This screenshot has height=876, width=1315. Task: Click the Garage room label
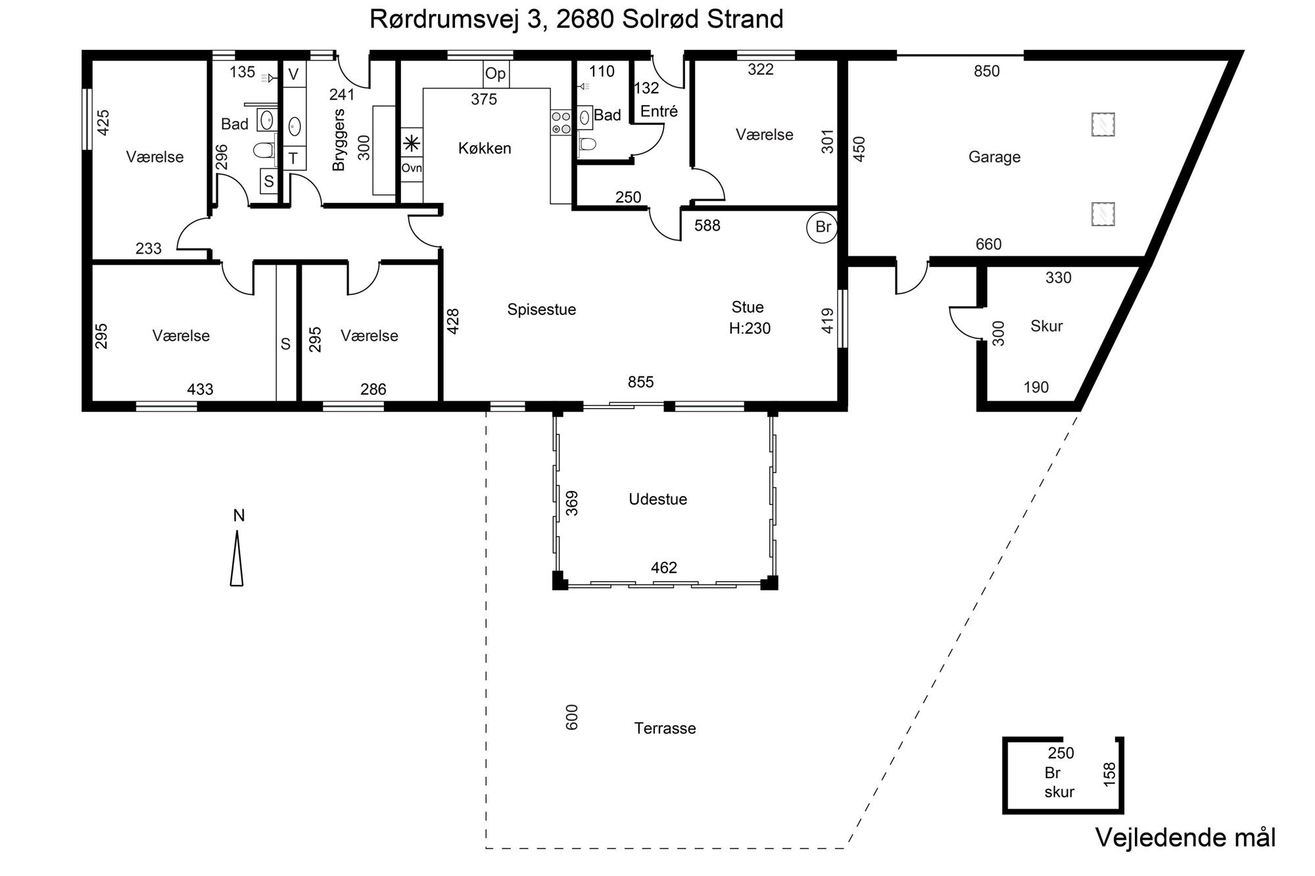(x=994, y=157)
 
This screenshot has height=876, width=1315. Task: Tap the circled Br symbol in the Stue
(x=823, y=227)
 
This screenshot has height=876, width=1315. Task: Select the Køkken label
(x=485, y=149)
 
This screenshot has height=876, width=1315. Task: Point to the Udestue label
(x=657, y=499)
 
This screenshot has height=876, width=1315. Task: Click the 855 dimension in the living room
(x=640, y=382)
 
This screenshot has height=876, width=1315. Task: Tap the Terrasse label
(x=665, y=728)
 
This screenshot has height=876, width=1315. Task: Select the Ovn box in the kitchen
(x=412, y=168)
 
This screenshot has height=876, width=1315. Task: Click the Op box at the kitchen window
(x=496, y=74)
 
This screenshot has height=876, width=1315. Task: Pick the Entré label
(x=659, y=112)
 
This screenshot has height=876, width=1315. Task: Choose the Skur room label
(x=1046, y=327)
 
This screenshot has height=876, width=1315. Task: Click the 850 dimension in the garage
(x=986, y=72)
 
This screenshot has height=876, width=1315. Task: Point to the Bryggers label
(x=339, y=140)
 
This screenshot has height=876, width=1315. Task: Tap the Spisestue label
(x=541, y=310)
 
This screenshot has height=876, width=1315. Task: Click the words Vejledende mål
(x=1185, y=838)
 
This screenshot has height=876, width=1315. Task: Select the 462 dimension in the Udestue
(x=663, y=568)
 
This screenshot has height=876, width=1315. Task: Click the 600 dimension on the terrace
(x=572, y=717)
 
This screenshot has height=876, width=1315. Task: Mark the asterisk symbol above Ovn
(x=412, y=143)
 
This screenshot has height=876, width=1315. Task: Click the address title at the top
(x=577, y=19)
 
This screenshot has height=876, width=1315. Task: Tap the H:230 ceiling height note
(x=750, y=328)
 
